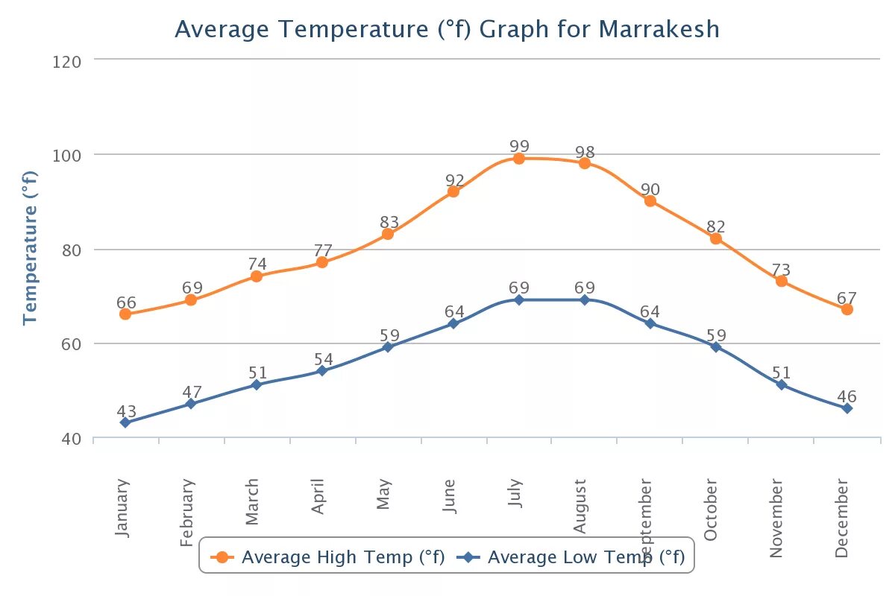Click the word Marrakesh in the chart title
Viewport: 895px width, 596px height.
(x=659, y=30)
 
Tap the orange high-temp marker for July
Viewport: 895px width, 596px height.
(x=519, y=159)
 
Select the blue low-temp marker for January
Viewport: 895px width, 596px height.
(x=125, y=422)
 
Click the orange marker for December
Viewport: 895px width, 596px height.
(x=847, y=309)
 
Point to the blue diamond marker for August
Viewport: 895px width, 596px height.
(x=585, y=299)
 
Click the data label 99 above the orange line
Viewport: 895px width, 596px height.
(x=519, y=145)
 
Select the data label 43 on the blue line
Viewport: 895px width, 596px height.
(x=127, y=411)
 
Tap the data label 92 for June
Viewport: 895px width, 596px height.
(x=455, y=180)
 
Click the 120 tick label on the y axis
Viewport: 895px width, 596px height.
(x=67, y=60)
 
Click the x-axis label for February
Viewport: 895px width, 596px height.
(x=188, y=513)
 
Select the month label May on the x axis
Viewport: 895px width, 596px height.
(x=384, y=495)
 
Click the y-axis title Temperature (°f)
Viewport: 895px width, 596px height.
(x=30, y=248)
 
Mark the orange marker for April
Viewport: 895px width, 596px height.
(x=322, y=262)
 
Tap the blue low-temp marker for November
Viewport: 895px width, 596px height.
(x=781, y=384)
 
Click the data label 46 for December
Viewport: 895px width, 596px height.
(x=847, y=396)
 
